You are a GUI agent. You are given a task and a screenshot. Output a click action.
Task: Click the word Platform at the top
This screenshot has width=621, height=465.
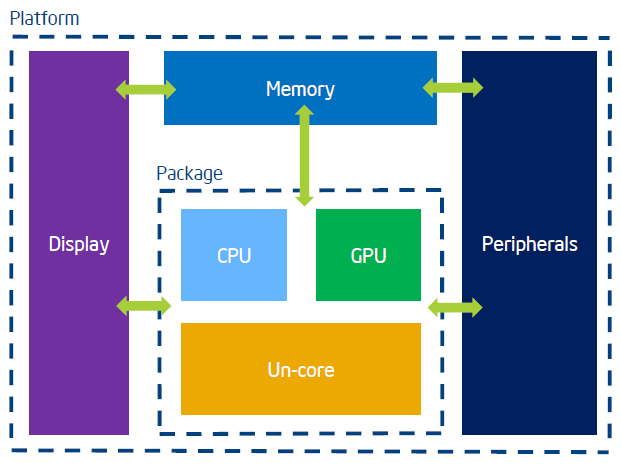(44, 19)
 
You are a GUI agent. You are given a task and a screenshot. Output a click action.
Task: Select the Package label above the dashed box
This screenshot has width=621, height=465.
(190, 174)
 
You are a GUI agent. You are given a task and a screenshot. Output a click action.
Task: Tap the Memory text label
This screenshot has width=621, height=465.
(300, 89)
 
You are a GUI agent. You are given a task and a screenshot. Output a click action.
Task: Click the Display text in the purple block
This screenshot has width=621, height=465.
(79, 244)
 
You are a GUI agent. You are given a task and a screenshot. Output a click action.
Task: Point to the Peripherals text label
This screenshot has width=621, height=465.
(530, 244)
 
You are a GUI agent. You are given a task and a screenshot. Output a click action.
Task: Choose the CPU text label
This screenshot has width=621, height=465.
(234, 255)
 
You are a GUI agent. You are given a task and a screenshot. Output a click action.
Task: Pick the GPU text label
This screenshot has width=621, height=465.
(368, 255)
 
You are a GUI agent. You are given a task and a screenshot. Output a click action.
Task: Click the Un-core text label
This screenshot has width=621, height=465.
(301, 370)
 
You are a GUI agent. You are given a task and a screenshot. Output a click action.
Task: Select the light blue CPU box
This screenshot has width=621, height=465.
(234, 255)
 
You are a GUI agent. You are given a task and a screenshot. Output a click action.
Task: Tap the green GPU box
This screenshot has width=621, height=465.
(368, 255)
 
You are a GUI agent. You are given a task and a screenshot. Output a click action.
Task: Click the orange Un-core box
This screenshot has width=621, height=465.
(301, 369)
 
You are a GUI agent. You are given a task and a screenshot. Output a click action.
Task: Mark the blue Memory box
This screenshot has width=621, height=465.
(301, 88)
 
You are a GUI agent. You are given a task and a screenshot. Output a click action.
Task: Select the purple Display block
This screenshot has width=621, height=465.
(79, 243)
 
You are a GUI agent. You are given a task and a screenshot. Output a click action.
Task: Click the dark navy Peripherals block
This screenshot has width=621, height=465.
(530, 243)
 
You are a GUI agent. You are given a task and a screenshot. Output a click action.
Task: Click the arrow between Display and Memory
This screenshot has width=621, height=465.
(146, 90)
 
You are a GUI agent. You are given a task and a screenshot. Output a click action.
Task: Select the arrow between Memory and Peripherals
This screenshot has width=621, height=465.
(453, 88)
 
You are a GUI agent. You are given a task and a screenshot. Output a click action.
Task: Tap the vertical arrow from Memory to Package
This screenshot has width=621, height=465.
(305, 155)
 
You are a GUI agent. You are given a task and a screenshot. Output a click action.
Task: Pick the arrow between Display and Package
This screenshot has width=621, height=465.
(144, 306)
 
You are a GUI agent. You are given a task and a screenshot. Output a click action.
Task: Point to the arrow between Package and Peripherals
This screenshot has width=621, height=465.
(455, 307)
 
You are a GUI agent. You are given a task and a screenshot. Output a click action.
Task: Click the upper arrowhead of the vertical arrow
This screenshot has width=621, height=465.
(305, 110)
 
